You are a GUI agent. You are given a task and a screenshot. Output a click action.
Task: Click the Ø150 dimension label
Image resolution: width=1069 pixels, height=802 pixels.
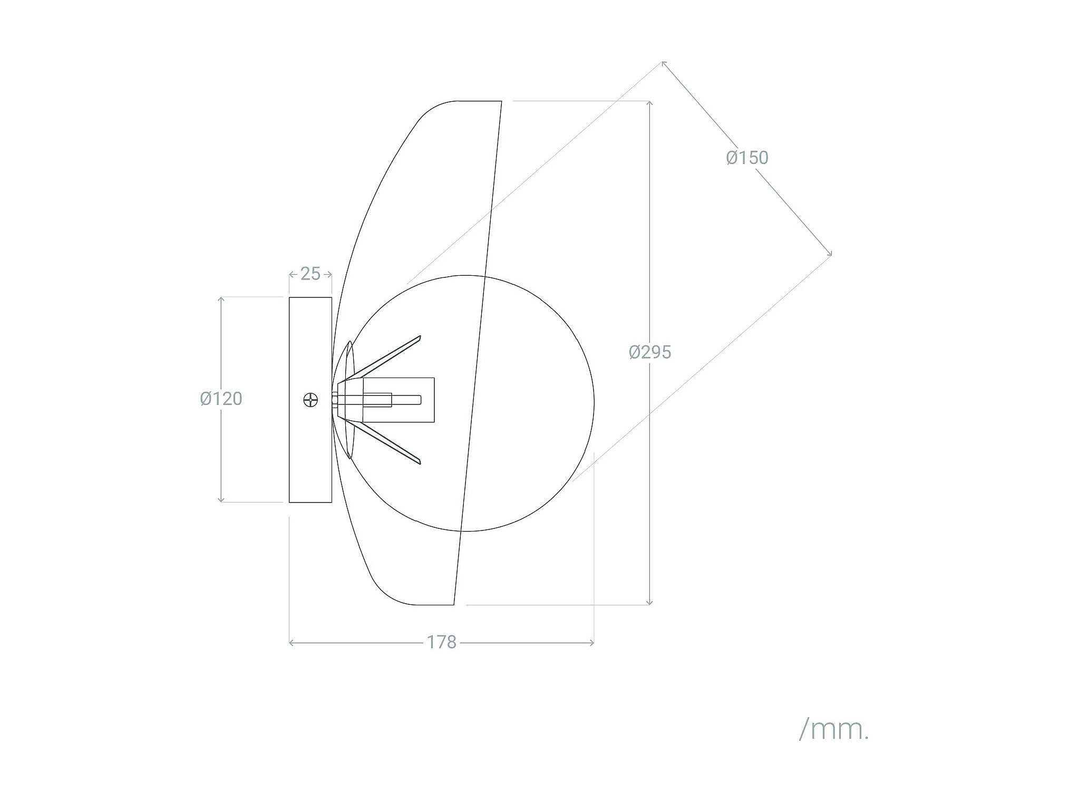click(x=747, y=158)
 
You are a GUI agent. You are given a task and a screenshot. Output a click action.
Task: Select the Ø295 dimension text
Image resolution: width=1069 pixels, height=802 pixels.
click(x=650, y=352)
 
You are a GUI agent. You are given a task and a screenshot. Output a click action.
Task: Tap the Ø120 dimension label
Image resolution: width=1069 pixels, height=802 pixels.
click(x=221, y=399)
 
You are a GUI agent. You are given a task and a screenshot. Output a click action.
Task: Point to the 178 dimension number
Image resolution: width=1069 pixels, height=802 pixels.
click(x=441, y=642)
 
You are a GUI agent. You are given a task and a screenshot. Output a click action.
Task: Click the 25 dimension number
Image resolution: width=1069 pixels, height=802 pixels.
click(x=310, y=274)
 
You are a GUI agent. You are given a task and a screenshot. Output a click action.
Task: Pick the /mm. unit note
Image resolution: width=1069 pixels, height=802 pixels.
click(x=833, y=730)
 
